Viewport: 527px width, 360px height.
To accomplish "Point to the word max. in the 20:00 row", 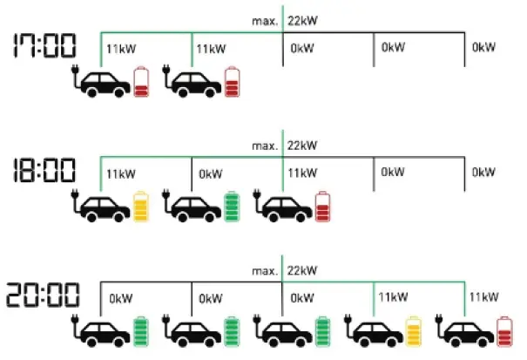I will pyautogui.click(x=264, y=271).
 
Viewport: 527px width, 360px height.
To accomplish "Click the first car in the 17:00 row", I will pyautogui.click(x=106, y=82).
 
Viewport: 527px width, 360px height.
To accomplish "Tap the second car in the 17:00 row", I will pyautogui.click(x=196, y=82).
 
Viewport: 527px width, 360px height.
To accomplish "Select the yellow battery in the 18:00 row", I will pyautogui.click(x=142, y=207).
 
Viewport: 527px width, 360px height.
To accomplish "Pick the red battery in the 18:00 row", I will pyautogui.click(x=323, y=207).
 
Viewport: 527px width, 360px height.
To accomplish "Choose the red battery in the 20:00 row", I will pyautogui.click(x=504, y=332).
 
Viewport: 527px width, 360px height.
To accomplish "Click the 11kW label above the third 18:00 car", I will pyautogui.click(x=302, y=173).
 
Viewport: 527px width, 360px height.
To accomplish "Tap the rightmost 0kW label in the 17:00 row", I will pyautogui.click(x=483, y=48).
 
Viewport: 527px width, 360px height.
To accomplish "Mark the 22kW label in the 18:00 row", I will pyautogui.click(x=301, y=145).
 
